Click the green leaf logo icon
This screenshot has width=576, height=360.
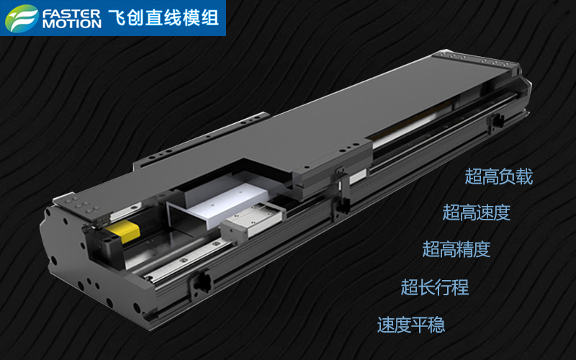[x=22, y=18]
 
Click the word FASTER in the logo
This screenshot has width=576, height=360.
[x=71, y=14]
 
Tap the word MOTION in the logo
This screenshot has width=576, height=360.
[x=72, y=24]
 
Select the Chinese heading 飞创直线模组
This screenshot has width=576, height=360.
[x=163, y=18]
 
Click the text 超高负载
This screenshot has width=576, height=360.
[x=498, y=176]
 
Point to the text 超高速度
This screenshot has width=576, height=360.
[x=477, y=212]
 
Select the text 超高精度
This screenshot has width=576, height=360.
[x=456, y=249]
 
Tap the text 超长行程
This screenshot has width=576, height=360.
[x=435, y=287]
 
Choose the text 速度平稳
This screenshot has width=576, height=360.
[x=411, y=325]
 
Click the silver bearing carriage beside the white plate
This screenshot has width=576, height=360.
[x=253, y=220]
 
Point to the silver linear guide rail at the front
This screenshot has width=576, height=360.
[x=187, y=258]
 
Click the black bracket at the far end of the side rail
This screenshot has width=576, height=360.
[x=495, y=121]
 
